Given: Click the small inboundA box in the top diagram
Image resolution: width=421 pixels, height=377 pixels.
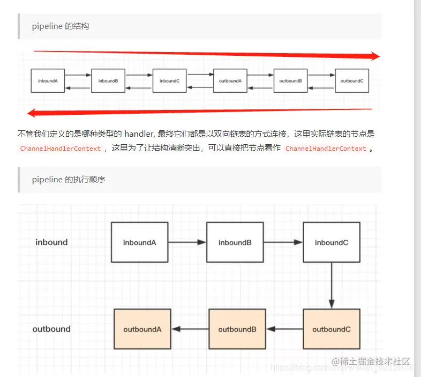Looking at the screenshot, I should click(48, 81).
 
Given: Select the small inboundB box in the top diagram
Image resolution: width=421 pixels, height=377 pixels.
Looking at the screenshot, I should click(108, 81).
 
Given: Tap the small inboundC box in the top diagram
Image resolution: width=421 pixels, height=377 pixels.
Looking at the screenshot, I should click(169, 81).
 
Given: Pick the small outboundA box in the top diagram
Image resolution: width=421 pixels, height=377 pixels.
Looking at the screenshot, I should click(230, 81).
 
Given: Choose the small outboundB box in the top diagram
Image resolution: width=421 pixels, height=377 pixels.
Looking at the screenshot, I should click(291, 81).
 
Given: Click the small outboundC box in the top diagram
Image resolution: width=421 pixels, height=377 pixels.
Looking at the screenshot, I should click(352, 81).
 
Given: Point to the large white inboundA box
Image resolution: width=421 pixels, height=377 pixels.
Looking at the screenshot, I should click(140, 242).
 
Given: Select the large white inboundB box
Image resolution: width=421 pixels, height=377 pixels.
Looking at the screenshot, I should click(235, 242).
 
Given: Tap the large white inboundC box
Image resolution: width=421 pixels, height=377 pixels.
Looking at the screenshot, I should click(332, 242).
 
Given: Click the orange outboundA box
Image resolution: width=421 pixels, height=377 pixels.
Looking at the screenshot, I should click(142, 329).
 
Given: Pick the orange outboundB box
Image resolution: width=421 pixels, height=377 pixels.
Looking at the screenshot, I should click(237, 329).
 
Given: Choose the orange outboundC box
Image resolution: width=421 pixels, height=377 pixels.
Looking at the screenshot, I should click(332, 329).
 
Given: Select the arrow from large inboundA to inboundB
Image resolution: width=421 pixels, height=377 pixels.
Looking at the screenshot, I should click(187, 242).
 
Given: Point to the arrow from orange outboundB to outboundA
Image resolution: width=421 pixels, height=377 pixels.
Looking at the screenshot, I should click(190, 329).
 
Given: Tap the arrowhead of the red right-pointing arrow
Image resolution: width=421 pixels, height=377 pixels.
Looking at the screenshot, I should click(374, 56).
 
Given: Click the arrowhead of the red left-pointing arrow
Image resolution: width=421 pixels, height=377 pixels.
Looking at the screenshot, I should click(32, 113).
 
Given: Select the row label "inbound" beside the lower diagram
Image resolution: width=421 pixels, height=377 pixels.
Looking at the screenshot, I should click(51, 242).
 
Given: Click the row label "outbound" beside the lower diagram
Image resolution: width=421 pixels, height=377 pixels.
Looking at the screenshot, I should click(51, 329).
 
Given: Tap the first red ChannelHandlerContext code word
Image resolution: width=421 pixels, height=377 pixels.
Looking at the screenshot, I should click(60, 149).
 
